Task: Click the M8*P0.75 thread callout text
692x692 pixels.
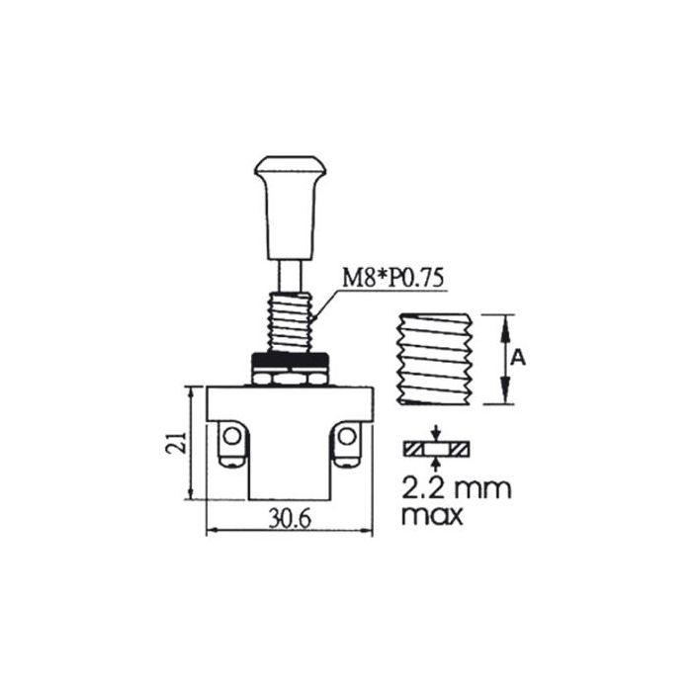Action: (x=392, y=280)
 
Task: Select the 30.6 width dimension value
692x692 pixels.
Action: (x=290, y=519)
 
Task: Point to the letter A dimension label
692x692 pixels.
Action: (x=518, y=358)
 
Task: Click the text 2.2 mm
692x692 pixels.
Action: (x=457, y=488)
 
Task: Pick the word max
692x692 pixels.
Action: (x=433, y=515)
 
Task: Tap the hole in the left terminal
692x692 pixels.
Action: (x=230, y=437)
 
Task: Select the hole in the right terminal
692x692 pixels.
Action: (x=346, y=437)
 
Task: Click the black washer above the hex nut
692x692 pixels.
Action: (x=290, y=360)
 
